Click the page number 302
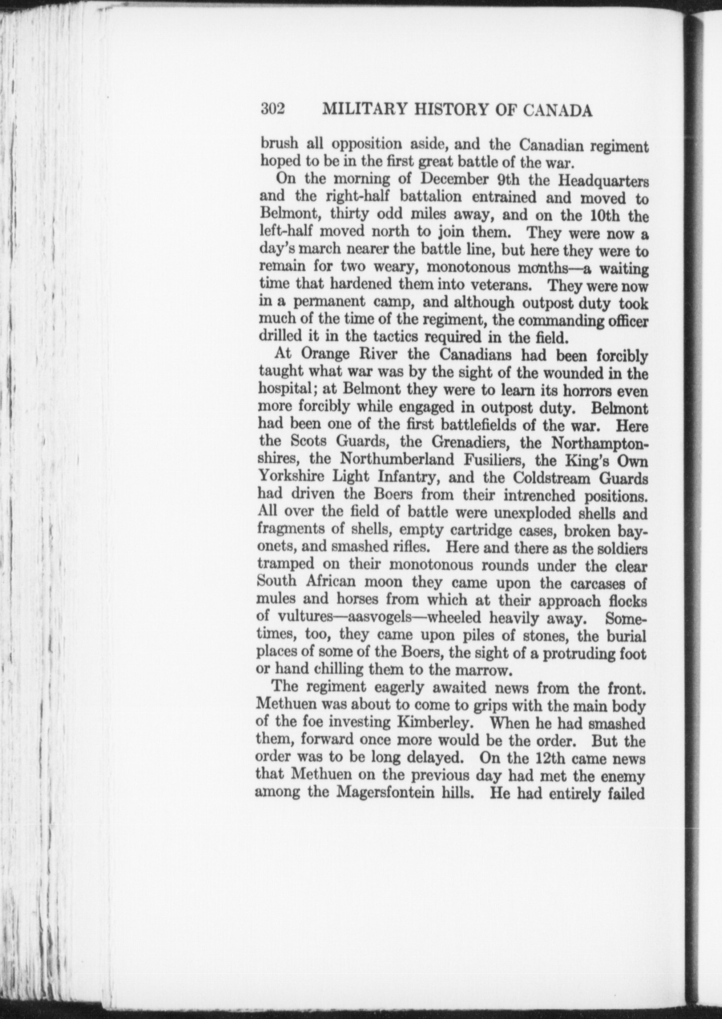click(x=273, y=109)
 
